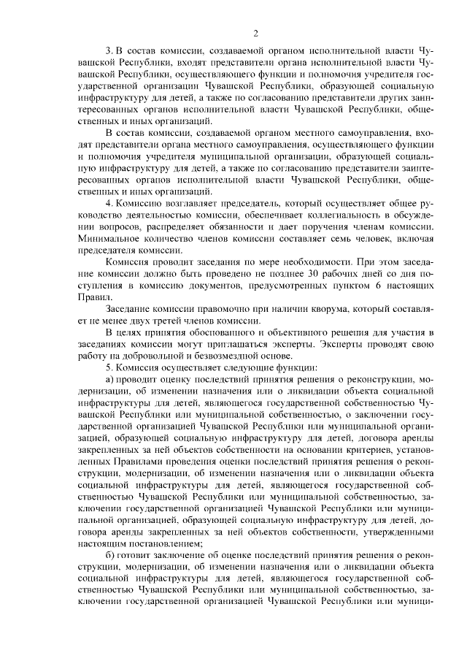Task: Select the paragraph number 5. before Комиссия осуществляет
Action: pyautogui.click(x=109, y=368)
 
